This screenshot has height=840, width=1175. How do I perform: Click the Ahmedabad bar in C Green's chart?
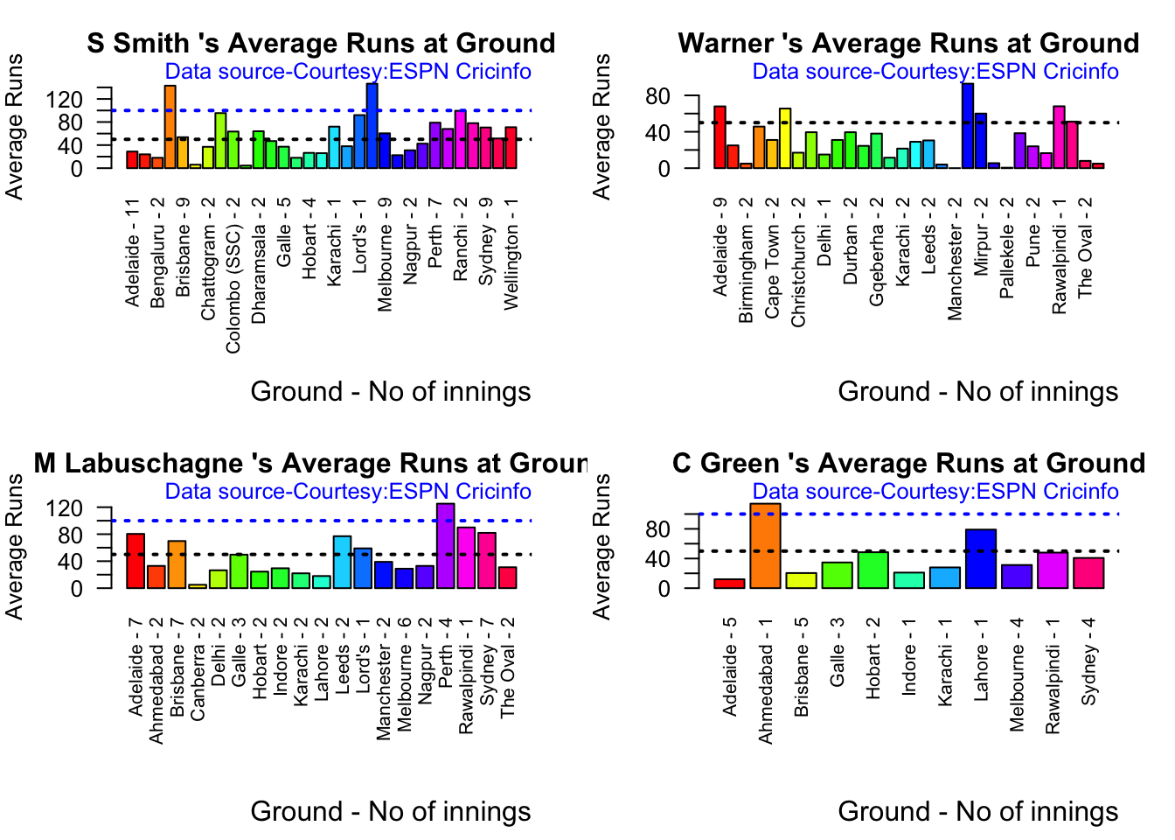click(x=765, y=546)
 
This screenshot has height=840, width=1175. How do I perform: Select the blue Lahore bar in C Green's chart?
click(x=981, y=559)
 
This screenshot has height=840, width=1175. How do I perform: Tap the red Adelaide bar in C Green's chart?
click(x=729, y=584)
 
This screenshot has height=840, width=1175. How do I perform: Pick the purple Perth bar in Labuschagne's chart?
click(x=446, y=546)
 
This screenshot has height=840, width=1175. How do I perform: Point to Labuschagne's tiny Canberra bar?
click(x=198, y=586)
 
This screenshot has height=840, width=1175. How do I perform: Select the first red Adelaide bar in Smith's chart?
click(x=132, y=160)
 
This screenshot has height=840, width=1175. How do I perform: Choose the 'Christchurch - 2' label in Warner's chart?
click(x=798, y=262)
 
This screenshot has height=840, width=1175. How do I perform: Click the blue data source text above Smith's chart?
click(x=348, y=72)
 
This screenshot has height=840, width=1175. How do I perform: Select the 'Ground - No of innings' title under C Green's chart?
click(x=977, y=811)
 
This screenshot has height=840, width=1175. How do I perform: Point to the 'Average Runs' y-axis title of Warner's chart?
click(x=601, y=126)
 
